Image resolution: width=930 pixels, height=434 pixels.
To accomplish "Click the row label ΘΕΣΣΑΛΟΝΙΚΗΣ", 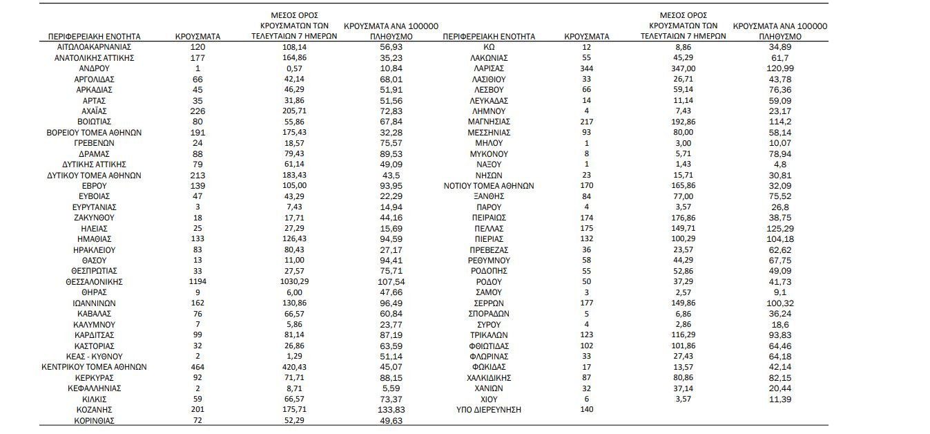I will pyautogui.click(x=94, y=282).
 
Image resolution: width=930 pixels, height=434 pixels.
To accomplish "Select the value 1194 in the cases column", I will pyautogui.click(x=197, y=282).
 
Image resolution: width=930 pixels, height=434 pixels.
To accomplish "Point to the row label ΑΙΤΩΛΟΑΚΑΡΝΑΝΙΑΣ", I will pyautogui.click(x=94, y=47).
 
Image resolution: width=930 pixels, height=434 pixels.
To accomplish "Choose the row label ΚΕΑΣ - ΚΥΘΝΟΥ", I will pyautogui.click(x=94, y=357).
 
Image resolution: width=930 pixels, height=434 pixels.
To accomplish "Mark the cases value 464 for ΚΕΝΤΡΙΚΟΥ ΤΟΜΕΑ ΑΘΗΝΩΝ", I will pyautogui.click(x=197, y=367).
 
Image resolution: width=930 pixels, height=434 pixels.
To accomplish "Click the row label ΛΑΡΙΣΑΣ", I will pyautogui.click(x=489, y=68).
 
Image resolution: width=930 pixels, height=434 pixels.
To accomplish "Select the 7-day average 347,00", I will pyautogui.click(x=683, y=68).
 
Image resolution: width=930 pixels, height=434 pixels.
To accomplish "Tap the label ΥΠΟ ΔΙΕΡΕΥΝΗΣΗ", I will pyautogui.click(x=489, y=410).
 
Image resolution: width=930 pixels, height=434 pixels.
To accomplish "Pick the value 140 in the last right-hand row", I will pyautogui.click(x=587, y=410).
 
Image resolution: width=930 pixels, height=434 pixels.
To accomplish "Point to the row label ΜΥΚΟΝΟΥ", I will pyautogui.click(x=489, y=153).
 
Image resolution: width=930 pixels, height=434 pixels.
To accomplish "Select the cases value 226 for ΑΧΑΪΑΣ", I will pyautogui.click(x=197, y=111).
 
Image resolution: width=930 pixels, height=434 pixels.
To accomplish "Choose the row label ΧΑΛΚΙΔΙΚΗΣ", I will pyautogui.click(x=489, y=378).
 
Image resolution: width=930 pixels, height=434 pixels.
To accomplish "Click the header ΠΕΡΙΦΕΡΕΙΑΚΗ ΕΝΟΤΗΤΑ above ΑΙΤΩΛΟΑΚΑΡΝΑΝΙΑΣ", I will pyautogui.click(x=94, y=35).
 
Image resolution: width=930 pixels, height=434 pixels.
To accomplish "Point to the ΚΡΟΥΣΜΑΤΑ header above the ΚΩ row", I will pyautogui.click(x=587, y=35).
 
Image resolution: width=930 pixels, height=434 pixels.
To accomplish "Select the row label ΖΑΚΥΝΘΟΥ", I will pyautogui.click(x=94, y=218).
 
